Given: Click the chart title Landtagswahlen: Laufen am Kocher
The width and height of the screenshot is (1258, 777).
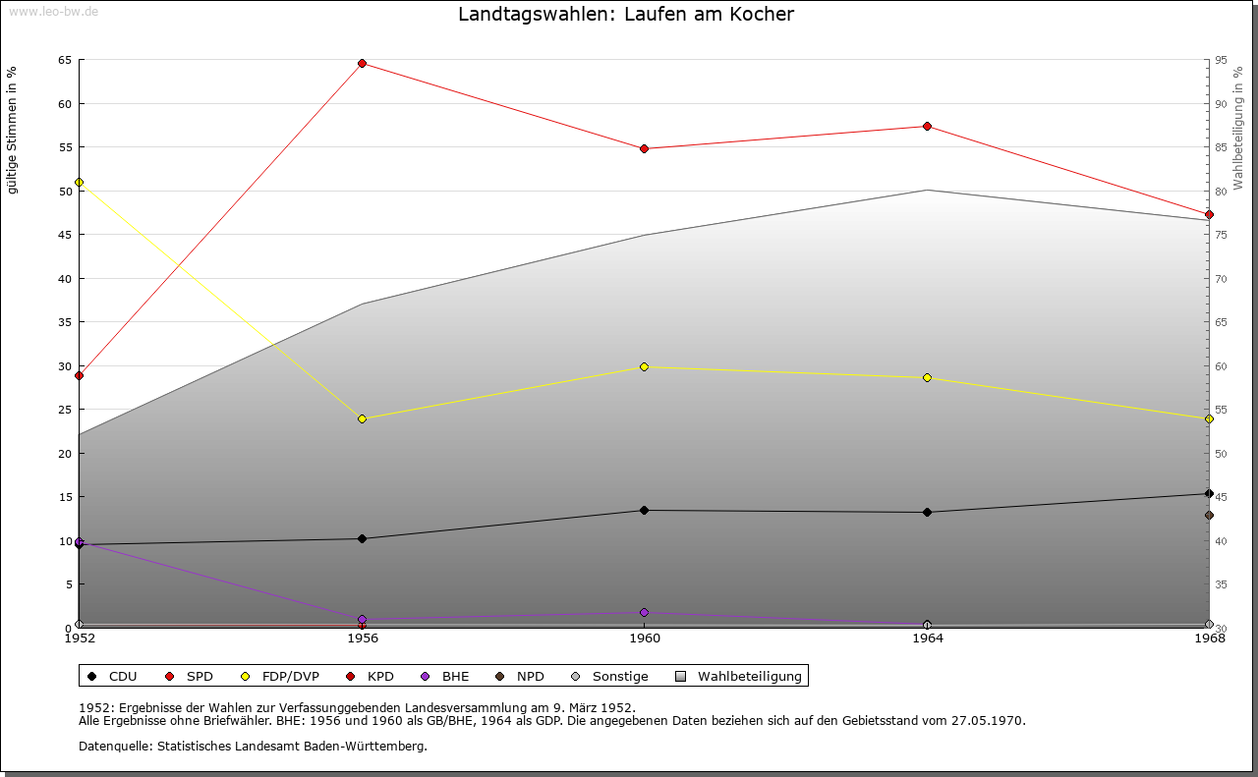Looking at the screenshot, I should [x=626, y=15].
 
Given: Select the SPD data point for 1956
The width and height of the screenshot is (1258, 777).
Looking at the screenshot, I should [x=363, y=64].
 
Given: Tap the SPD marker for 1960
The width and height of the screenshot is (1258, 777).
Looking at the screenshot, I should [x=645, y=149].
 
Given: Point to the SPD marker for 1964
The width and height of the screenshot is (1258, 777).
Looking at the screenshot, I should [x=927, y=127].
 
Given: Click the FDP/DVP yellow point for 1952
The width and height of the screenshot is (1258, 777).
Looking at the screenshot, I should [x=80, y=183].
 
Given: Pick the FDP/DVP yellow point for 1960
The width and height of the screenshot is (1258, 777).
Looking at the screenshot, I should [x=645, y=367].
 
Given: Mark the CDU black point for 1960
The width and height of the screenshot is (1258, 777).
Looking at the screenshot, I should [x=645, y=511].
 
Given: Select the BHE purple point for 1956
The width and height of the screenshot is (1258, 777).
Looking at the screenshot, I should [x=363, y=620].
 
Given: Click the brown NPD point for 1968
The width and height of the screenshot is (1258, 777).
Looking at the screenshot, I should [x=1209, y=516].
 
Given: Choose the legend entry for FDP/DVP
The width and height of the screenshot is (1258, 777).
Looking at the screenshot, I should [x=281, y=677].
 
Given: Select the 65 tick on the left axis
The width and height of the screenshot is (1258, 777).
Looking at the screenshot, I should [x=65, y=61].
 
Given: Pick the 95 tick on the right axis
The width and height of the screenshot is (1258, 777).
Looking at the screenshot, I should [x=1222, y=61].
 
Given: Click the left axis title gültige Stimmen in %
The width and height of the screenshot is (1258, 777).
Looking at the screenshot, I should [x=13, y=130].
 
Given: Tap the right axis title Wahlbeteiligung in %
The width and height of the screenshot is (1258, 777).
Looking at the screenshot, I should [x=1238, y=129].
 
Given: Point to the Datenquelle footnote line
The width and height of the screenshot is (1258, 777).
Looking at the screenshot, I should [x=253, y=747].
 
